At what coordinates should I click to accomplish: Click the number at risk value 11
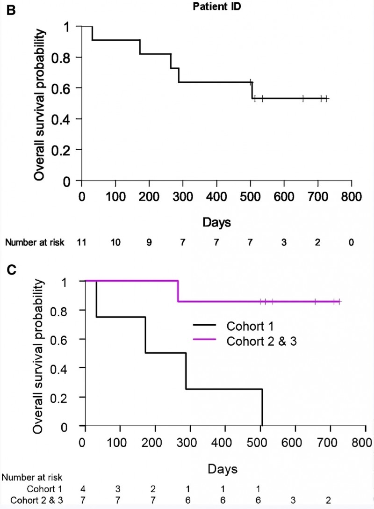[x=82, y=242]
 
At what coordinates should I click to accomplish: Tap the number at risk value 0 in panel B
[x=351, y=242]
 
